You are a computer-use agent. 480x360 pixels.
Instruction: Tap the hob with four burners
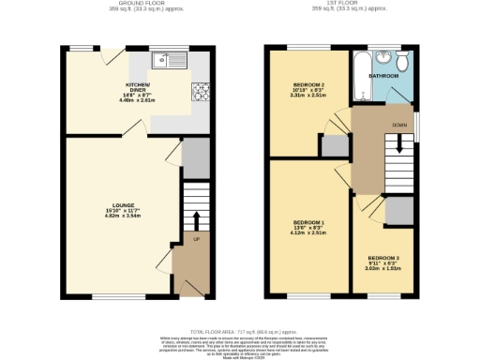pos(201,91)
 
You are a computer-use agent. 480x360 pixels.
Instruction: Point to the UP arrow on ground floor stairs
pos(197,221)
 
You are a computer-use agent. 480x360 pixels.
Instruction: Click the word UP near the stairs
pos(197,241)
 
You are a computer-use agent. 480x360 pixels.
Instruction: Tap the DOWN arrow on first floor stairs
pos(401,142)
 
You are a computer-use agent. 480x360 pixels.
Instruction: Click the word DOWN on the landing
pos(400,125)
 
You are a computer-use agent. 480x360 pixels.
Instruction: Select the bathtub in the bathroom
pos(361,75)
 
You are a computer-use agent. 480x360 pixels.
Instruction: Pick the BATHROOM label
pos(384,75)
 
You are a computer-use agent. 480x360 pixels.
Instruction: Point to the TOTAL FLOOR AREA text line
pos(239,332)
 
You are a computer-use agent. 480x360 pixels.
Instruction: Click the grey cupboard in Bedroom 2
pos(333,145)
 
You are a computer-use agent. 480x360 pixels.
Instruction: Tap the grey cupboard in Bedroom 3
pos(398,212)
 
